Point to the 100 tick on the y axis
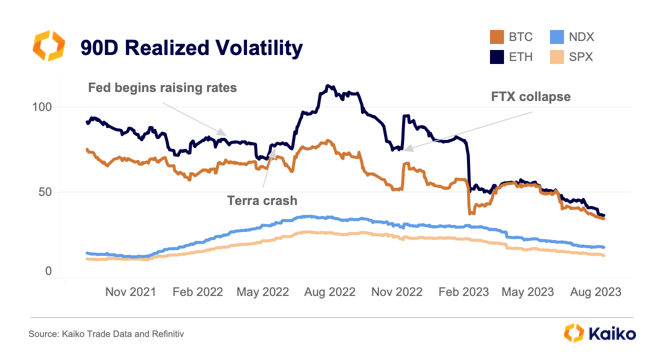pyautogui.click(x=42, y=107)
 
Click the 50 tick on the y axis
pyautogui.click(x=45, y=192)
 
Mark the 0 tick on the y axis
pyautogui.click(x=48, y=271)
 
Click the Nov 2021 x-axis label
pyautogui.click(x=130, y=292)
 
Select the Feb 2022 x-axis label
pyautogui.click(x=197, y=292)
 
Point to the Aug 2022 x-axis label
pyautogui.click(x=330, y=292)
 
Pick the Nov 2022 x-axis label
pyautogui.click(x=397, y=292)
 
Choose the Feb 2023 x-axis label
pyautogui.click(x=463, y=292)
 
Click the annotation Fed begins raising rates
pyautogui.click(x=162, y=88)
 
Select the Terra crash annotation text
pyautogui.click(x=262, y=201)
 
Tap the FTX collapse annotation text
pyautogui.click(x=531, y=96)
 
